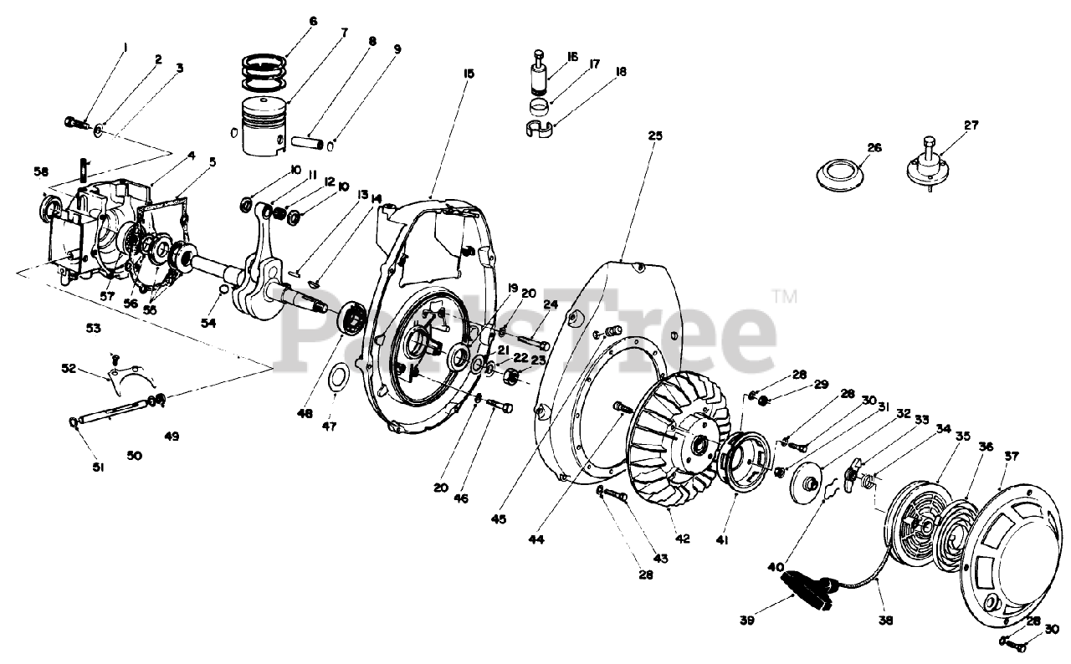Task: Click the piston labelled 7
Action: point(263,126)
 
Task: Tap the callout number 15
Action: point(468,74)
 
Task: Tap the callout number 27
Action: point(971,126)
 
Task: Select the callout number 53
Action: point(93,329)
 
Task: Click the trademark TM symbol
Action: point(783,294)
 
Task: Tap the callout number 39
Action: point(746,620)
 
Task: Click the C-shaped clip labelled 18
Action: point(542,129)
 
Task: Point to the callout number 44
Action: point(536,540)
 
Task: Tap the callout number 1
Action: point(126,48)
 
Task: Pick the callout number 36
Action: point(986,447)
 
